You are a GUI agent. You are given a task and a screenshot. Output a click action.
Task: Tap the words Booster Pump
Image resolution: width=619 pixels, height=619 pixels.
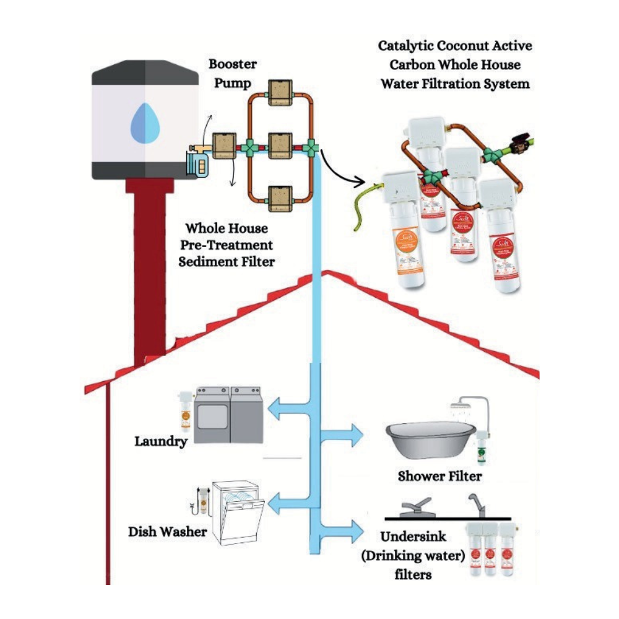pos(232,73)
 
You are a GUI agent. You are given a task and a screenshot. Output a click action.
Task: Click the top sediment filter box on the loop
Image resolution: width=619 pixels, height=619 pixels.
pos(275,92)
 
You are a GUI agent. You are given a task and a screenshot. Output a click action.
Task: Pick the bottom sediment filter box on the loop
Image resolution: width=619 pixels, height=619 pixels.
pos(275,197)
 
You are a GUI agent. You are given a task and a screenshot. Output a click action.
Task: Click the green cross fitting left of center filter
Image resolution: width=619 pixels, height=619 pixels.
pos(249,149)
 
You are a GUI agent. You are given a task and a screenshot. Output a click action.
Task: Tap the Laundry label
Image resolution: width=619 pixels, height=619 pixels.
pos(161,442)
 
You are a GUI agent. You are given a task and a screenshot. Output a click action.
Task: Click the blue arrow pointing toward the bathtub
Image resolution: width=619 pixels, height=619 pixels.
pos(348,435)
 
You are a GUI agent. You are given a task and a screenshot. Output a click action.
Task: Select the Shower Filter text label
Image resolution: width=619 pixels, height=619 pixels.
pos(439,476)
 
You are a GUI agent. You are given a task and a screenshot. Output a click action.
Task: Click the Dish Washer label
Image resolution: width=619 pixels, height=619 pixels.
pos(167,532)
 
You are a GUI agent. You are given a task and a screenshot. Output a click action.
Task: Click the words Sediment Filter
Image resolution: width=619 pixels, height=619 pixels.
pos(227,261)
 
